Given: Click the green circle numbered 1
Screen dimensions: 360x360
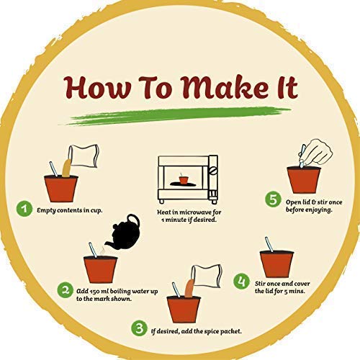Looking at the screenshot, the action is (x=24, y=209).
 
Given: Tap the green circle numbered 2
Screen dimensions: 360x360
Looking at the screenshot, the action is (x=65, y=290).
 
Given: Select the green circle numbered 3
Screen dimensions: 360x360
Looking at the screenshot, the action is (x=139, y=328).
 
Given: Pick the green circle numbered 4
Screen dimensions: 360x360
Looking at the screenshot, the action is (x=241, y=281).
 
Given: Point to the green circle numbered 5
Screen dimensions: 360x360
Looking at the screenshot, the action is (x=273, y=199).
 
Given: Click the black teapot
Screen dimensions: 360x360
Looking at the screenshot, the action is (x=123, y=233).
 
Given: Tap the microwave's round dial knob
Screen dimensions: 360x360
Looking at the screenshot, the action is (x=213, y=171).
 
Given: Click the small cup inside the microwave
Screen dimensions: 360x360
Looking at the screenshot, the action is (x=184, y=180).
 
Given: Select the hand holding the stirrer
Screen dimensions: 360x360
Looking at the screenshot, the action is (x=316, y=152).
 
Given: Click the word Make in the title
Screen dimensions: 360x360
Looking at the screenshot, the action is (x=225, y=87).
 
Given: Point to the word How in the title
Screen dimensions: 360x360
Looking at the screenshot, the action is (x=96, y=88).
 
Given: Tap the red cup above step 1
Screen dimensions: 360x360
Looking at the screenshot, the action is (x=61, y=189).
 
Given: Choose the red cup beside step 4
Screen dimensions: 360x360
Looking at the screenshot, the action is (x=276, y=264).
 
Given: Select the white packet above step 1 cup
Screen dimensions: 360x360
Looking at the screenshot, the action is (x=84, y=156).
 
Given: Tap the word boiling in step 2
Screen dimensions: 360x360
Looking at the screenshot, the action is (x=120, y=292).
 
